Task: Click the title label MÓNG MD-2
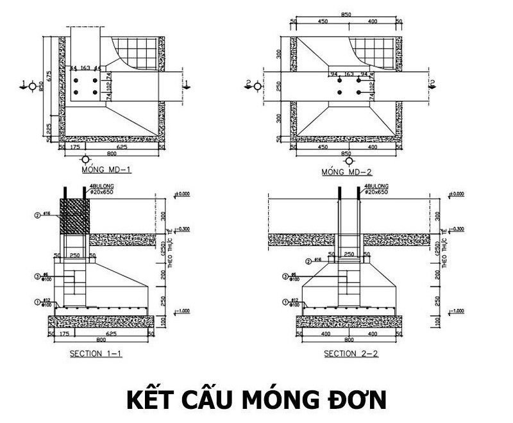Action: click(347, 172)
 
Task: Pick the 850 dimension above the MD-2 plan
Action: click(346, 13)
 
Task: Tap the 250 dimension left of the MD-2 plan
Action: click(280, 85)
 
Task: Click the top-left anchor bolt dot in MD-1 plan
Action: click(76, 81)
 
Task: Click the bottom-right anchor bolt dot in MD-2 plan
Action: click(360, 94)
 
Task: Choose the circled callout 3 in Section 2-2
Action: click(285, 277)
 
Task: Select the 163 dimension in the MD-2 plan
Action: click(349, 74)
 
